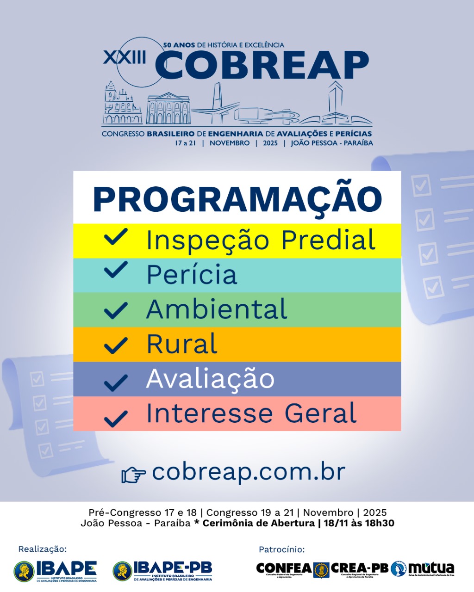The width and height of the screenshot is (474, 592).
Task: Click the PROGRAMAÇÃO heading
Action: click(x=237, y=199)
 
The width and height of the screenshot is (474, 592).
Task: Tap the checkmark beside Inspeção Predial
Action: click(x=116, y=238)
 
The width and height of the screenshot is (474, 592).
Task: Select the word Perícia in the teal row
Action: click(x=192, y=275)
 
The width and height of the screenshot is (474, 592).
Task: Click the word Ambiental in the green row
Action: click(x=217, y=309)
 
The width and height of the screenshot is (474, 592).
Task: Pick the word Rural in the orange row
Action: click(x=181, y=344)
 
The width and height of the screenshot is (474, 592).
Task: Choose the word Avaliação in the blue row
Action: click(x=210, y=379)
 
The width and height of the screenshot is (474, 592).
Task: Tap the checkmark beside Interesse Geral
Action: click(x=116, y=418)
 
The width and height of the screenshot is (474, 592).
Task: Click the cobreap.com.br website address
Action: click(x=249, y=472)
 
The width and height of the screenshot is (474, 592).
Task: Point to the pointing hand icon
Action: click(x=134, y=475)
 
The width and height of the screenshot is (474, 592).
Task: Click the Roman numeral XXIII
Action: click(x=125, y=57)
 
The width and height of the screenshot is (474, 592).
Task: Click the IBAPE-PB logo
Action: click(x=162, y=571)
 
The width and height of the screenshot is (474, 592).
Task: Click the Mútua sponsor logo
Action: click(x=423, y=568)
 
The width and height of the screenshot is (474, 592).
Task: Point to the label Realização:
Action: click(x=43, y=549)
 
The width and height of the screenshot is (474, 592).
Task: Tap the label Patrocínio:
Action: click(x=281, y=549)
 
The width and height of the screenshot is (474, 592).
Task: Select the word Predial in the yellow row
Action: click(x=328, y=240)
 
